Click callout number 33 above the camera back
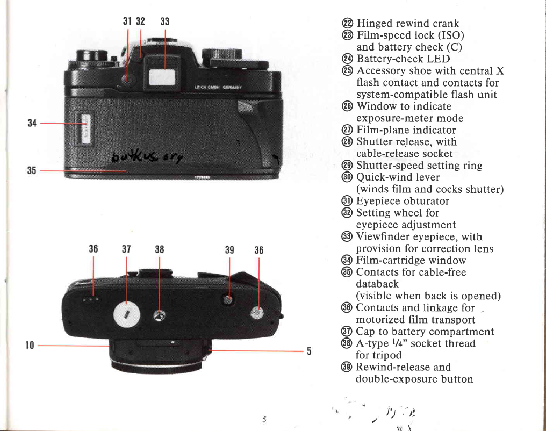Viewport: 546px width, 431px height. [x=164, y=22]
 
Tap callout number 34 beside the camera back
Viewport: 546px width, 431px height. [x=31, y=123]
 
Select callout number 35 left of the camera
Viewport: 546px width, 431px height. [x=31, y=170]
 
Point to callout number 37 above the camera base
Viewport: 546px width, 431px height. [x=127, y=249]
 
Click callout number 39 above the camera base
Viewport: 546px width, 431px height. [x=229, y=249]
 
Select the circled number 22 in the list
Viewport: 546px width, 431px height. [x=347, y=24]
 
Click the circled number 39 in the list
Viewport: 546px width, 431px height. [x=347, y=367]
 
